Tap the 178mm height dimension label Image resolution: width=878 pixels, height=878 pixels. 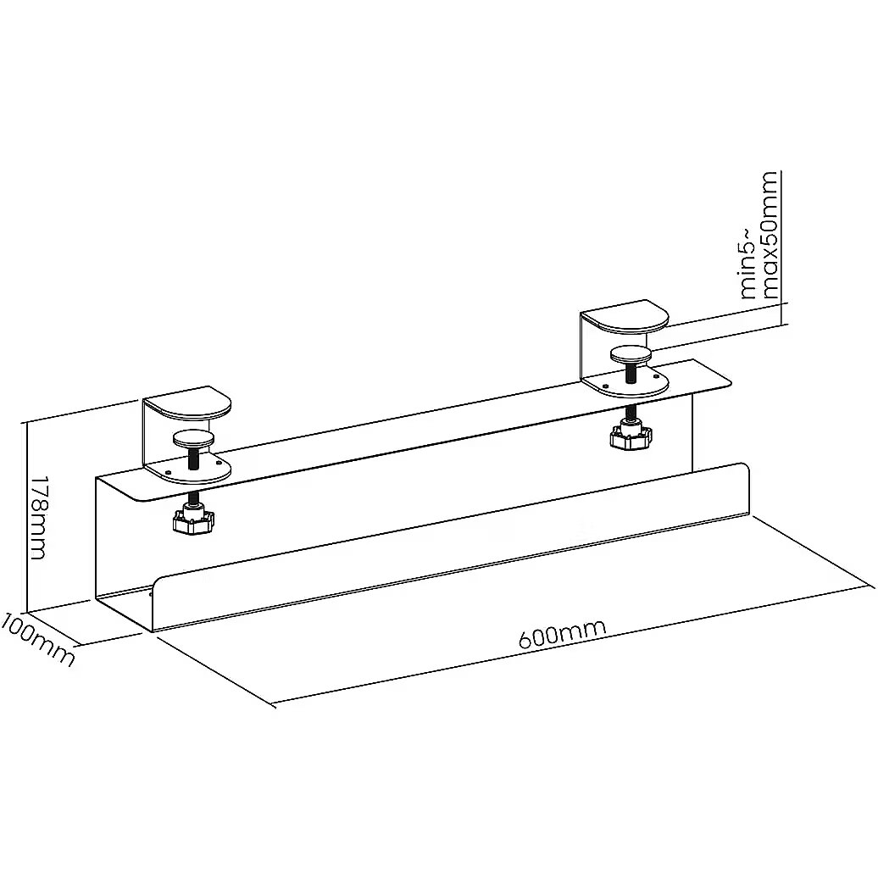37,518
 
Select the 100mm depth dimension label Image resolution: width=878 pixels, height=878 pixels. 37,639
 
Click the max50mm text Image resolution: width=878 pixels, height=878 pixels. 769,235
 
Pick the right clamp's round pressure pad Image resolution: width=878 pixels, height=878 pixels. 631,354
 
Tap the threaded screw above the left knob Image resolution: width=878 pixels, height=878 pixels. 194,458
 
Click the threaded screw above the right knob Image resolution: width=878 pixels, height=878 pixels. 631,374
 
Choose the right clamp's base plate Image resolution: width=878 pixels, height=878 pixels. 626,384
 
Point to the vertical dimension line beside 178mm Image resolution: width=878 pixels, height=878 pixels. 25,516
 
